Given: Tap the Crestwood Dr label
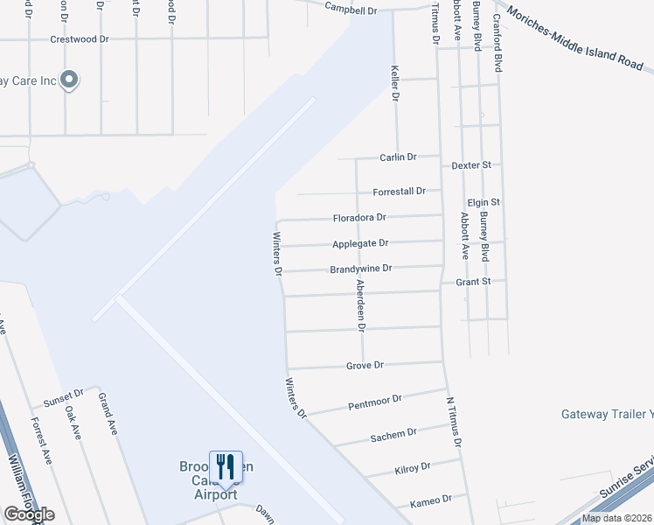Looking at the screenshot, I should [x=79, y=39].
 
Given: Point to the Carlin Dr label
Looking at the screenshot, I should [x=398, y=157].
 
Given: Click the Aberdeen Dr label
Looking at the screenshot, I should [x=358, y=302].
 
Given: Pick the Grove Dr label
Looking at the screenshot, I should [x=365, y=365].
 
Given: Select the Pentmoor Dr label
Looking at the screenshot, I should [x=374, y=402].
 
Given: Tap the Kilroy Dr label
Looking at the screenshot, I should [x=413, y=468].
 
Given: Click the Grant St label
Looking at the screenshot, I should [x=474, y=283].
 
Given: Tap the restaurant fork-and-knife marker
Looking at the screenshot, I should [x=226, y=465].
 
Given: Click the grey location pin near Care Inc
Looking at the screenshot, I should [x=72, y=80].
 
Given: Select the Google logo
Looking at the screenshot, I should [x=29, y=514].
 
